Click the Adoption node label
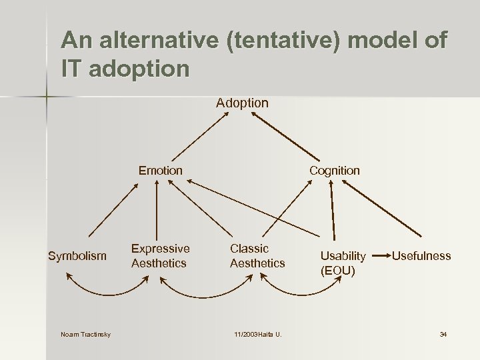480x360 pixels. click(242, 103)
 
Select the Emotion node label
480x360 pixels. click(160, 171)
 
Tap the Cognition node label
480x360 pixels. click(334, 171)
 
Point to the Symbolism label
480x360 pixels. click(77, 256)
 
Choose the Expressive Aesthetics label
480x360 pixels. click(160, 256)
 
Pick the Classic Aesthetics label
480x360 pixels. click(257, 256)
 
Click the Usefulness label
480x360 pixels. click(421, 256)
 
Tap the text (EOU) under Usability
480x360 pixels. click(338, 271)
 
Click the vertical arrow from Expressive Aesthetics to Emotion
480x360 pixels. click(157, 209)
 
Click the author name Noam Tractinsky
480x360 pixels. click(85, 334)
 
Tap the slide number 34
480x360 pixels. click(443, 334)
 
